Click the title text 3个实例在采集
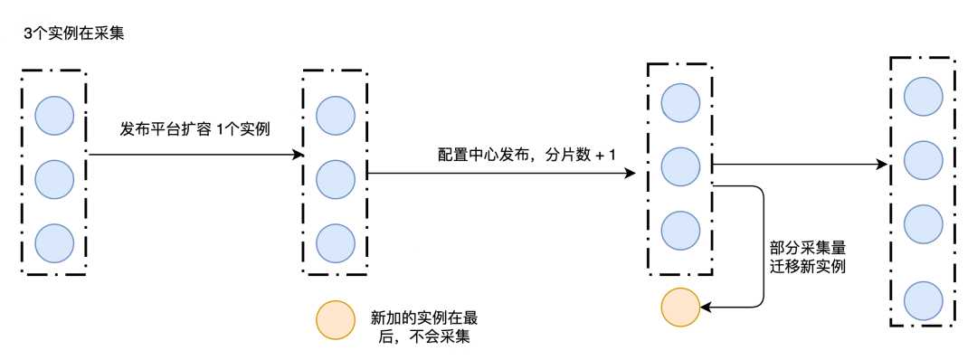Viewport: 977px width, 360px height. tap(73, 33)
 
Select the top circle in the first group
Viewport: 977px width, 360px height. tap(54, 114)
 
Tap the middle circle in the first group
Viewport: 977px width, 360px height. tap(54, 179)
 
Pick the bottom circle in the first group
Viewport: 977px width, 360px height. tap(54, 243)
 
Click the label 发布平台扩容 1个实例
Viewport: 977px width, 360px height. tap(194, 129)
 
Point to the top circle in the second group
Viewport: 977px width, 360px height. tap(336, 114)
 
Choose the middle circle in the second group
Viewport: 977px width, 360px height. tap(336, 179)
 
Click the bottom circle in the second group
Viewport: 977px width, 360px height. tap(336, 243)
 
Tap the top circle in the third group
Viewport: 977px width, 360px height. tap(680, 102)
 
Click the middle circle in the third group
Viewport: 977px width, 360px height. tap(680, 166)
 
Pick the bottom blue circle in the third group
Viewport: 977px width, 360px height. tap(680, 230)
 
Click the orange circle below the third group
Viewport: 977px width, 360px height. tap(680, 308)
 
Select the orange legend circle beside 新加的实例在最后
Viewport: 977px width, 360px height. tap(334, 320)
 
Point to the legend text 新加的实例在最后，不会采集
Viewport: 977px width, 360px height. tap(424, 327)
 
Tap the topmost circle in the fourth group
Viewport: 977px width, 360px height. tap(923, 96)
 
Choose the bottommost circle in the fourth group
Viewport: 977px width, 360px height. tap(923, 299)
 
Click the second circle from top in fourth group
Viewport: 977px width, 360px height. tap(923, 159)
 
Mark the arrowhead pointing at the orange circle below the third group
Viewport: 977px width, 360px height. tap(705, 308)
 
